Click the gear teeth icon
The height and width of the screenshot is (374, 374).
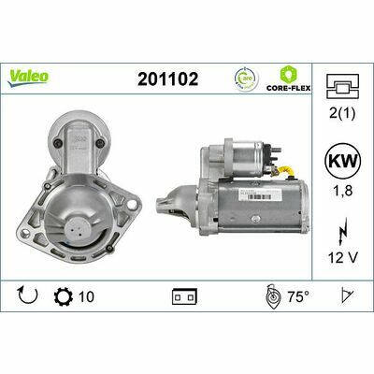click(x=64, y=296)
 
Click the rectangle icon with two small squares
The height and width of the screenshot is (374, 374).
click(x=183, y=296)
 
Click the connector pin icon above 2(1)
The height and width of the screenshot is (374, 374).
click(x=342, y=87)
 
